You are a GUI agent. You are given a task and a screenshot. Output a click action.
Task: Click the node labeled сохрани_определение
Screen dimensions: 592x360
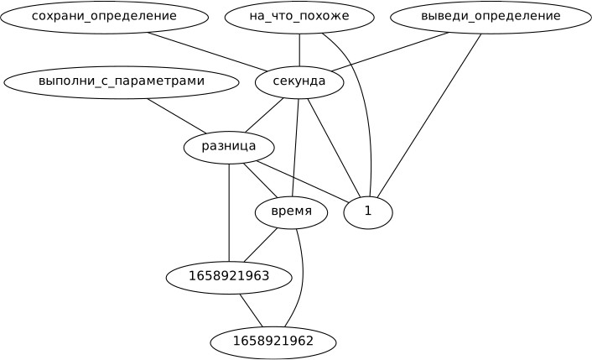point(104,17)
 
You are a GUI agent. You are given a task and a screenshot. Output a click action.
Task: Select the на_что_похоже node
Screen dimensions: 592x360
point(299,17)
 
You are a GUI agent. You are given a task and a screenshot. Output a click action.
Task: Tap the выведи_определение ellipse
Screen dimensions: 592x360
point(491,17)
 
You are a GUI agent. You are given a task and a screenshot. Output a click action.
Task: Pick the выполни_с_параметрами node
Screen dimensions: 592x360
point(122,82)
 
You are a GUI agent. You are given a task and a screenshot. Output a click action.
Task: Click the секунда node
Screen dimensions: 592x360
point(299,82)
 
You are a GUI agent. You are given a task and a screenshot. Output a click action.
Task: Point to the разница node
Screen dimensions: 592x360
point(229,147)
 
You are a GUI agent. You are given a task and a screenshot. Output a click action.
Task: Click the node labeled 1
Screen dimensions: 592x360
point(368,211)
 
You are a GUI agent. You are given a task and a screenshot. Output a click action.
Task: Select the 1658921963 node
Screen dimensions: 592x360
point(229,276)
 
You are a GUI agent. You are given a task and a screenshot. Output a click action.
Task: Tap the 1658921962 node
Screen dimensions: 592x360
point(273,342)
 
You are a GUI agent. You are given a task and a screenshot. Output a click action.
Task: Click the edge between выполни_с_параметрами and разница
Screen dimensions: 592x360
point(175,115)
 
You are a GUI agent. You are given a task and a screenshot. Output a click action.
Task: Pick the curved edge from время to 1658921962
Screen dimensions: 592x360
point(302,277)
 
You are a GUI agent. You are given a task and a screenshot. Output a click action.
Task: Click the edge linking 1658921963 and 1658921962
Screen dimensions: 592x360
point(251,309)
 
